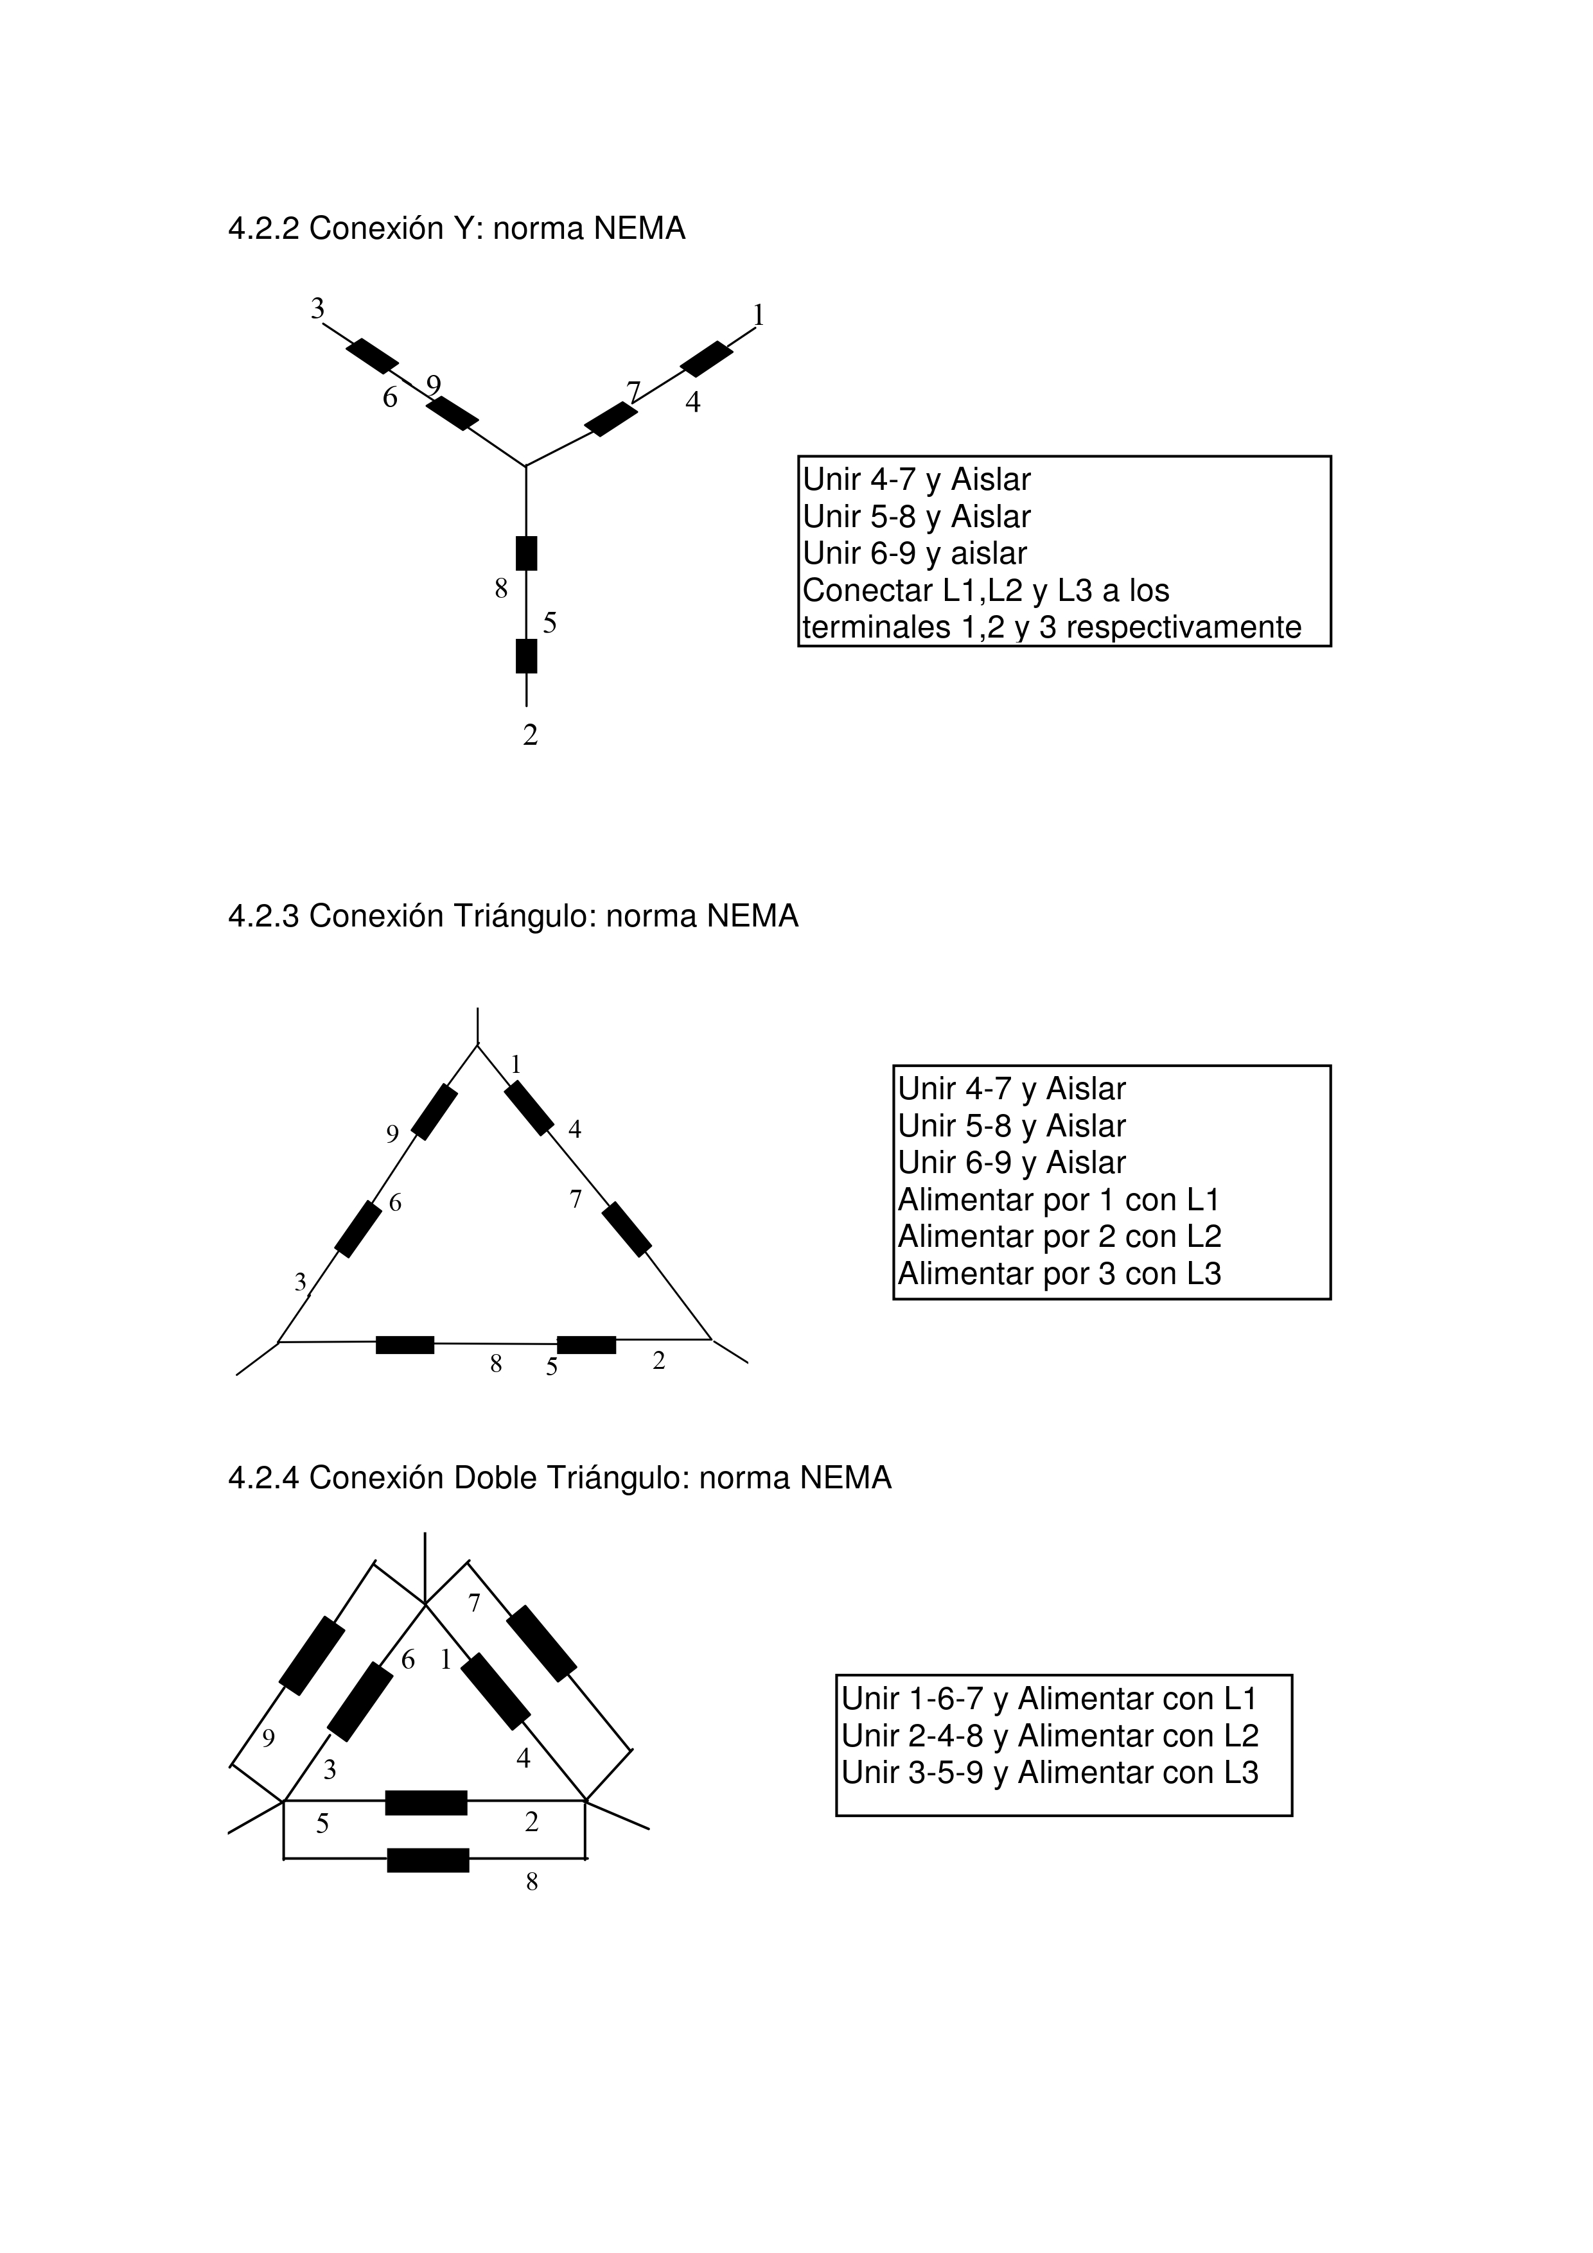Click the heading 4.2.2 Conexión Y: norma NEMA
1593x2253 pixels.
(457, 229)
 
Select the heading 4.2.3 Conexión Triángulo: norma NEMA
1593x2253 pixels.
(513, 916)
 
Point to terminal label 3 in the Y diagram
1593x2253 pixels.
(317, 309)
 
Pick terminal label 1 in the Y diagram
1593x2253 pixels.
(758, 315)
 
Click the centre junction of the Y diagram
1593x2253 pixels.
(526, 466)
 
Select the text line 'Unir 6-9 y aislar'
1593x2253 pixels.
(915, 553)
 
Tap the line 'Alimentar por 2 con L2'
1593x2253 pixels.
(1059, 1237)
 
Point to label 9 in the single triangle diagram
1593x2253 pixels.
(392, 1135)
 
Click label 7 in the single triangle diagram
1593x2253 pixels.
(576, 1199)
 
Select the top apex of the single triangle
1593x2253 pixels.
(478, 1046)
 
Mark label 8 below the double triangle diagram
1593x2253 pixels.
(532, 1882)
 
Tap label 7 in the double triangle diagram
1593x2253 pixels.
(474, 1603)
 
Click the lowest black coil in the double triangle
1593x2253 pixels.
(428, 1859)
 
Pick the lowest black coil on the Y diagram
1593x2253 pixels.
(526, 656)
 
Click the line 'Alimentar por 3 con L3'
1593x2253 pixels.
(1059, 1274)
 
